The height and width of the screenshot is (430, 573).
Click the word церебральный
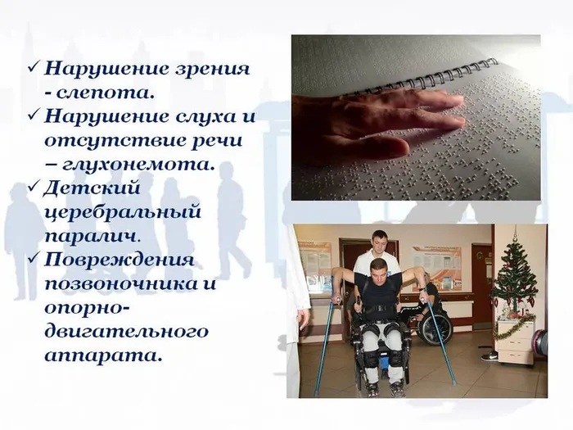pos(123,211)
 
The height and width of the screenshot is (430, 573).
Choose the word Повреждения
pos(120,260)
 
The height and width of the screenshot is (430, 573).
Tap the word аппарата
pos(104,355)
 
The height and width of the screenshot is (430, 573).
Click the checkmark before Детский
pos(33,188)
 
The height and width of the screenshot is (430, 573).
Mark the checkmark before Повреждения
pos(33,260)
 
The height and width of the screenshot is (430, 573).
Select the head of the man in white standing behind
pos(378,242)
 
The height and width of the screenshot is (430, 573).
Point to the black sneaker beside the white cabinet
pos(490,356)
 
